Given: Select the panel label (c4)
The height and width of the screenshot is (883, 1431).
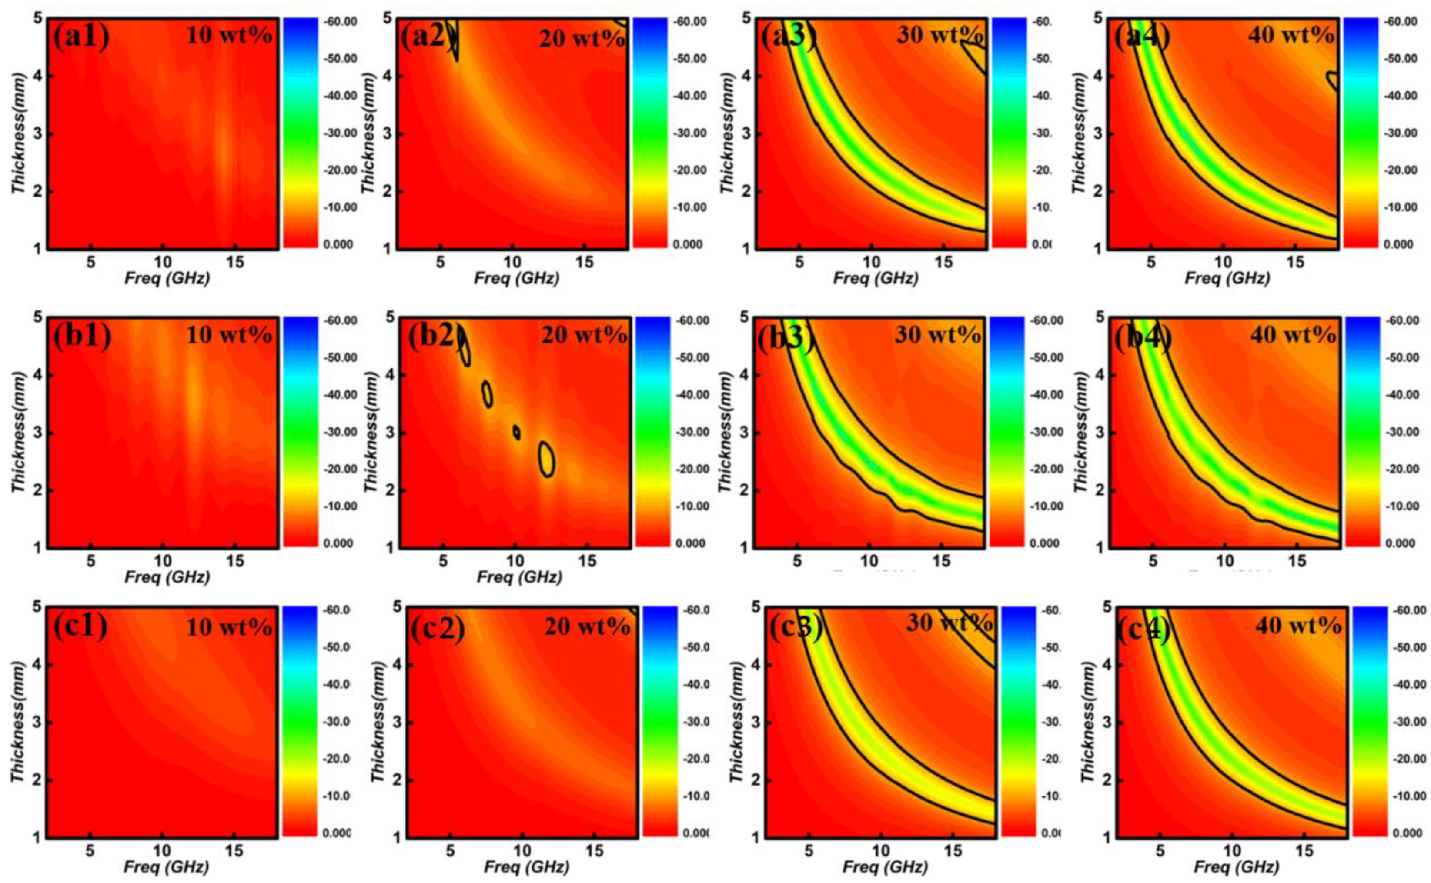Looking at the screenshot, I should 1143,630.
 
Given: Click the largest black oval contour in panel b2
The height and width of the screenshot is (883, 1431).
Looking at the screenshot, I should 547,460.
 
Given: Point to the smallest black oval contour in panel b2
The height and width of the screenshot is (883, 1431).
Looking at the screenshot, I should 516,432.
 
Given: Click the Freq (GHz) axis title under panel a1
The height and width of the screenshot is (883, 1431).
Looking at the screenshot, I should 167,279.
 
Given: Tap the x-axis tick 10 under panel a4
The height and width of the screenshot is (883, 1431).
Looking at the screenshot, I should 1223,262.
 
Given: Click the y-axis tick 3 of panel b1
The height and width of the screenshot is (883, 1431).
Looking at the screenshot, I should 36,433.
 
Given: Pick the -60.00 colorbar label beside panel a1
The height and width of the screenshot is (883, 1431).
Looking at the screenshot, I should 340,22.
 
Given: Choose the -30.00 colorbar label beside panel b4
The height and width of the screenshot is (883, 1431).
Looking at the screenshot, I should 1401,432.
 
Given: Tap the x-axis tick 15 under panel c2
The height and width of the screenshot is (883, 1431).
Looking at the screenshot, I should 595,850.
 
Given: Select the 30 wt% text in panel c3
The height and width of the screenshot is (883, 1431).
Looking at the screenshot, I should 949,624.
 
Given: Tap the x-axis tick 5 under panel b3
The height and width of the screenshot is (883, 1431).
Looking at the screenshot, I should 797,561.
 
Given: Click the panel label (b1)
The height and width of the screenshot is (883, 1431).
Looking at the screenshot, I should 82,337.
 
